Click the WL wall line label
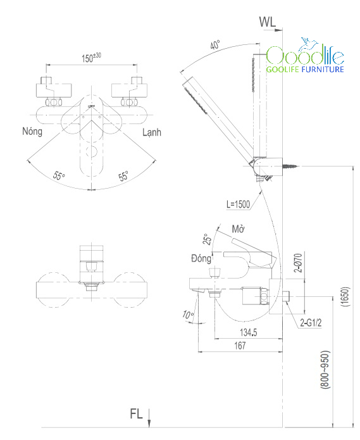[x=268, y=22]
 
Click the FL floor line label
[x=136, y=414]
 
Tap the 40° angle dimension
[x=215, y=44]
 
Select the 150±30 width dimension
[x=91, y=58]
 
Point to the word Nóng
[x=32, y=131]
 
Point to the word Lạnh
[x=152, y=132]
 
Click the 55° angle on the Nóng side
[x=59, y=176]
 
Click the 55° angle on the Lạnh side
[x=123, y=176]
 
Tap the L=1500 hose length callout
[x=238, y=204]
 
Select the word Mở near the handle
[x=238, y=229]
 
